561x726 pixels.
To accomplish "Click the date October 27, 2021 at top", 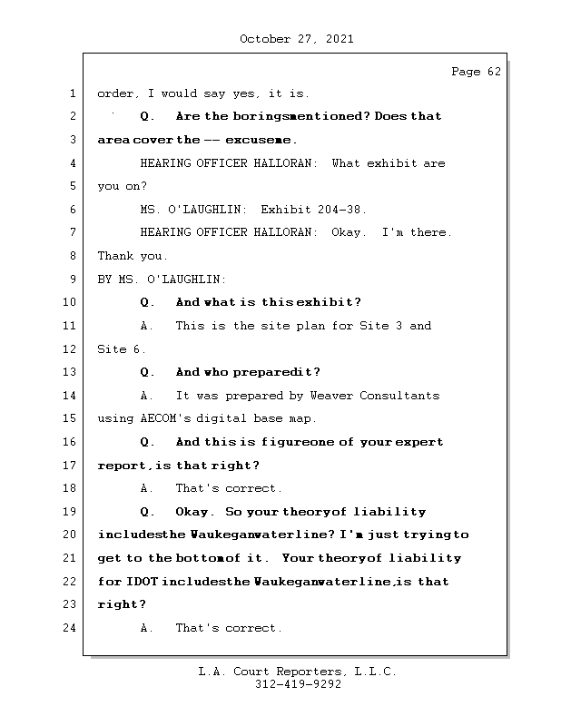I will pyautogui.click(x=297, y=39).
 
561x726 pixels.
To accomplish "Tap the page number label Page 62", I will pyautogui.click(x=476, y=72).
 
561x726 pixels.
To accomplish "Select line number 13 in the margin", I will pyautogui.click(x=71, y=372).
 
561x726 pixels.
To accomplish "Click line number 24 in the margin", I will pyautogui.click(x=71, y=628).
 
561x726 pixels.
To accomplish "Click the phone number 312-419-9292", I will pyautogui.click(x=298, y=685).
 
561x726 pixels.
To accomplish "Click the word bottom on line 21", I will pyautogui.click(x=199, y=558).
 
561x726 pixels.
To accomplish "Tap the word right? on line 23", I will pyautogui.click(x=121, y=604).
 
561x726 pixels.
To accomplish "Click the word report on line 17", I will pyautogui.click(x=121, y=466).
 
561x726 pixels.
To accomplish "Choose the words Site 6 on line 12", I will pyautogui.click(x=122, y=348).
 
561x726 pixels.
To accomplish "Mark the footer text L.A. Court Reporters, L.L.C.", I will pyautogui.click(x=298, y=672).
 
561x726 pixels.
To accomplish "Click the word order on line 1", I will pyautogui.click(x=114, y=93).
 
